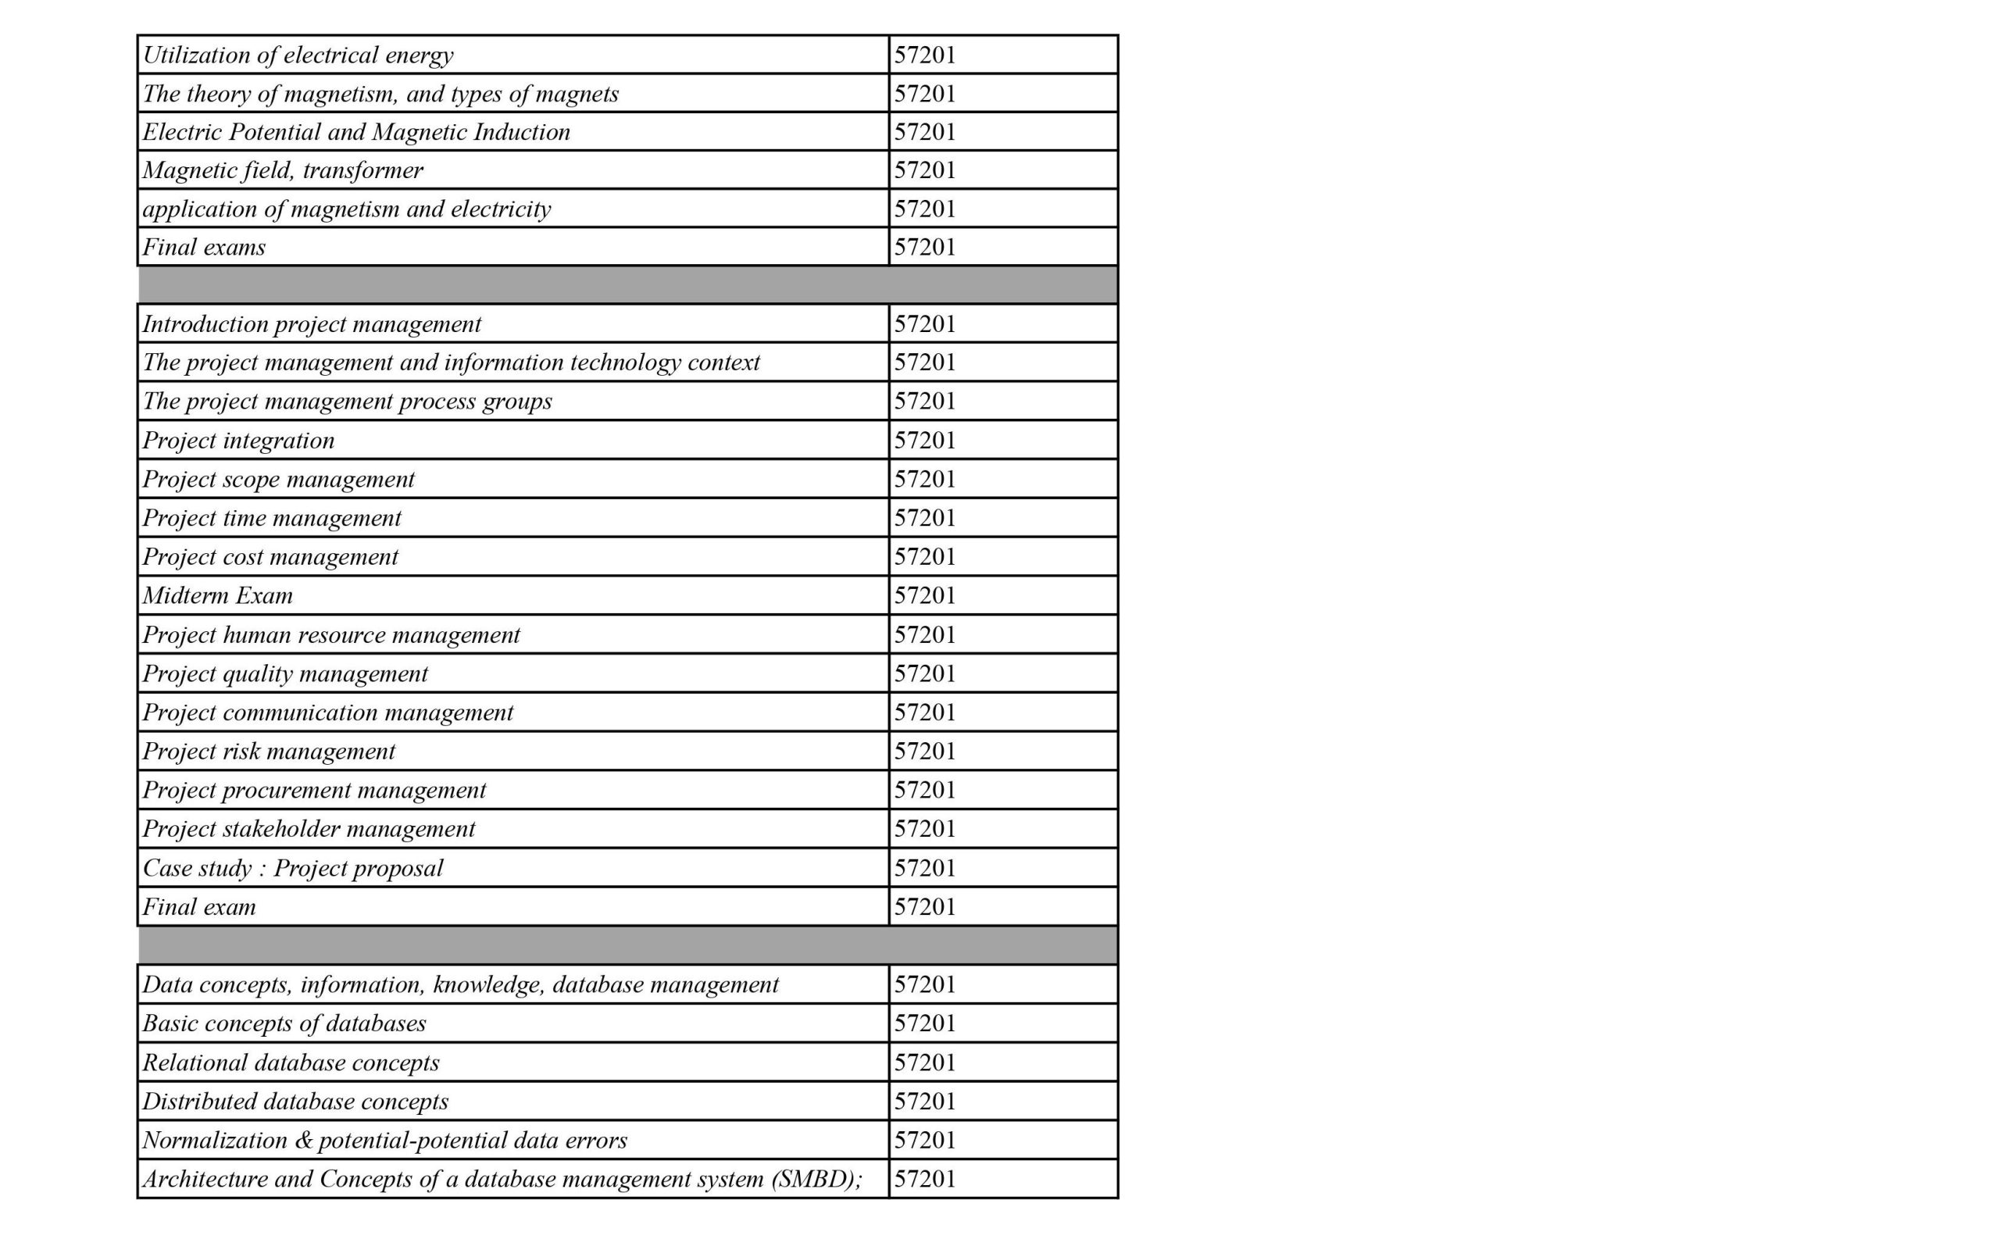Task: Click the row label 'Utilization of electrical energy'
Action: [x=298, y=55]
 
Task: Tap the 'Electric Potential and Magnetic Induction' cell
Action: [x=356, y=132]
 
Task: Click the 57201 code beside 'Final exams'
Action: [x=925, y=247]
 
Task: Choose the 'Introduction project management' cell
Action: [x=312, y=324]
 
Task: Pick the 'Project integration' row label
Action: [x=238, y=441]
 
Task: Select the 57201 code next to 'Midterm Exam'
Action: [x=925, y=596]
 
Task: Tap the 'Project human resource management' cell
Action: [x=330, y=635]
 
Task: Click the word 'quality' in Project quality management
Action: [x=258, y=673]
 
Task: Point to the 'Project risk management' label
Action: [x=269, y=752]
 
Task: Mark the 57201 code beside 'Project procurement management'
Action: [x=925, y=791]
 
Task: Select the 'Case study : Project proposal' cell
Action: [x=292, y=868]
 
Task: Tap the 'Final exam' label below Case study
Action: [x=199, y=907]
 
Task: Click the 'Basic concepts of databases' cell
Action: [x=284, y=1023]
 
